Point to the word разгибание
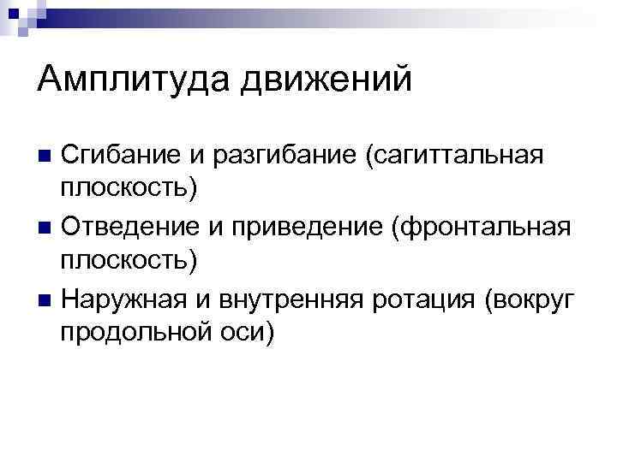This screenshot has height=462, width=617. pos(279,157)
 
